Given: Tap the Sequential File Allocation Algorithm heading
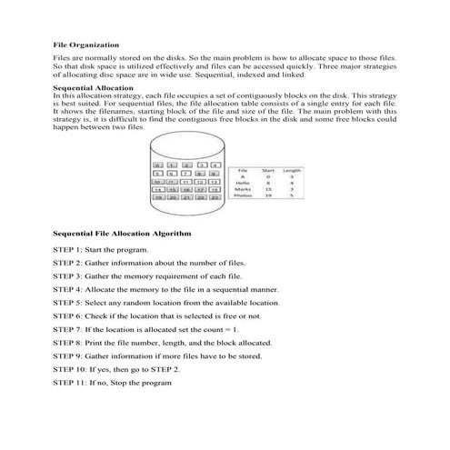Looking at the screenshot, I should click(122, 234).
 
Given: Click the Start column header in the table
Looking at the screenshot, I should click(268, 171).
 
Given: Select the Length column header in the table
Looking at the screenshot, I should click(293, 171).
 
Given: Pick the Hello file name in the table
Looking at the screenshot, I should click(243, 183).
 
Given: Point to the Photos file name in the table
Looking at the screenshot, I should click(243, 195).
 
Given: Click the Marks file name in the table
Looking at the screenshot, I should click(243, 189).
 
